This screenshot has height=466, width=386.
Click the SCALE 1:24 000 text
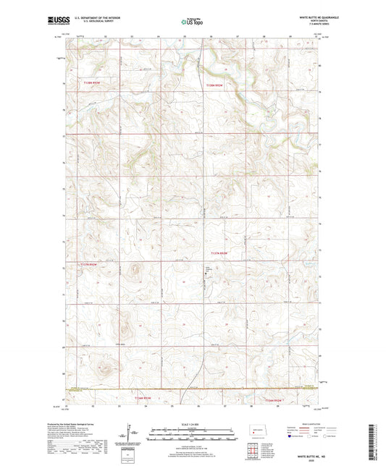coord(192,423)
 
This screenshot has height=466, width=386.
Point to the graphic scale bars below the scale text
coord(192,434)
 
